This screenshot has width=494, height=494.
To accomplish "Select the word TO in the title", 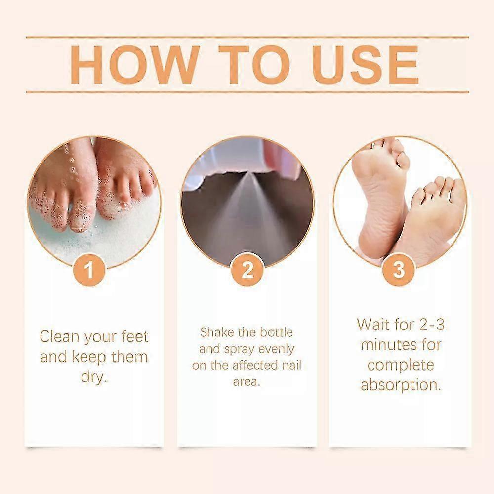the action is click(x=254, y=65).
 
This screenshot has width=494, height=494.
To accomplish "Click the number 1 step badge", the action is click(x=89, y=270).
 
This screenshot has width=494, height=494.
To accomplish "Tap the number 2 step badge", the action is click(x=247, y=270).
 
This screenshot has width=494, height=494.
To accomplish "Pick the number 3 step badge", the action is click(x=399, y=270).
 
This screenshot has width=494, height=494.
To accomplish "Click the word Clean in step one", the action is click(x=60, y=337).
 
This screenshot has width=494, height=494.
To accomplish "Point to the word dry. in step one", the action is click(x=94, y=377).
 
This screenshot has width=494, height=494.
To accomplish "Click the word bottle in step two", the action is click(x=276, y=332).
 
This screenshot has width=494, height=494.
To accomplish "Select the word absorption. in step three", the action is click(x=401, y=385).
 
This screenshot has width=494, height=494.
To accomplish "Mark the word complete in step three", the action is click(x=401, y=366).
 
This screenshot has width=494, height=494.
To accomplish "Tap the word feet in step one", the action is click(x=134, y=337).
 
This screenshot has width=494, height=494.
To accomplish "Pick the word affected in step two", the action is click(x=255, y=366).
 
